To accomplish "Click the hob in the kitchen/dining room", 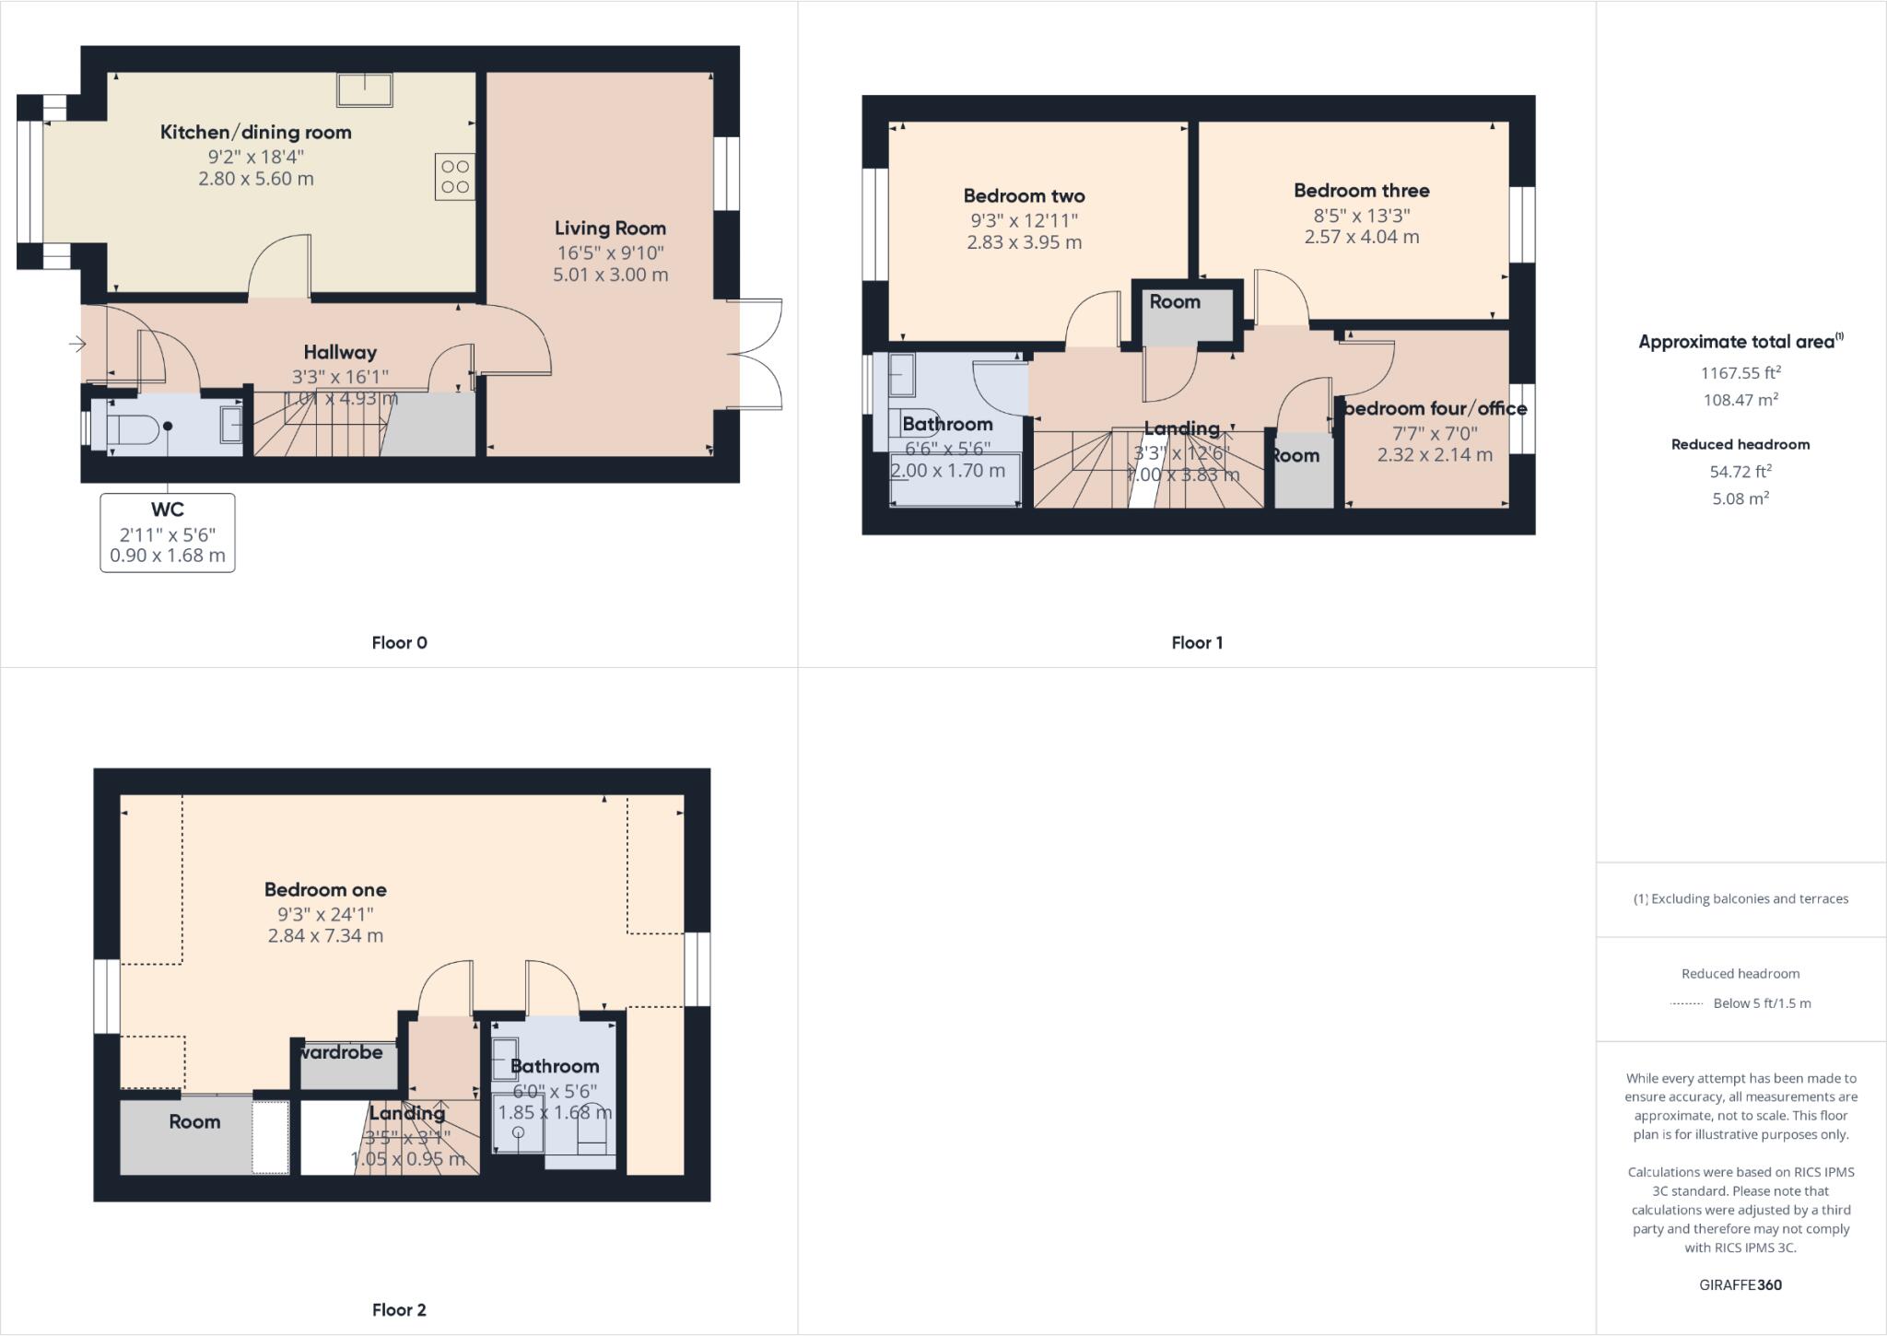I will (455, 177).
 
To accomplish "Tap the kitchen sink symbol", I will (366, 90).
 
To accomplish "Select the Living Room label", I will (610, 228).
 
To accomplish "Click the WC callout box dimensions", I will (168, 545).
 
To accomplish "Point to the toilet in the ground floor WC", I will (135, 428).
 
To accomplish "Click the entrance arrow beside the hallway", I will (77, 344).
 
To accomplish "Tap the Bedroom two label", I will (1024, 195).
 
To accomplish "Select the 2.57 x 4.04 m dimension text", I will (1361, 237).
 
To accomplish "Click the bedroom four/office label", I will (1435, 408).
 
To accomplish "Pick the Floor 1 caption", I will (1196, 642).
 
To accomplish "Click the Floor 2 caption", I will (399, 1309).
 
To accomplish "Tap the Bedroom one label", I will (325, 889).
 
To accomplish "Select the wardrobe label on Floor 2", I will (341, 1052).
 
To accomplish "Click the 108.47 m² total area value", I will (1740, 400).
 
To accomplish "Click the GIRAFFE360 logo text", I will (1740, 1284).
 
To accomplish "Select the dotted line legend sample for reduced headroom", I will (1686, 1004).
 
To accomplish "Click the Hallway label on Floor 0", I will (340, 352).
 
